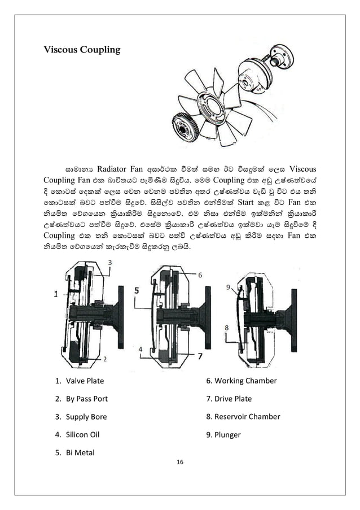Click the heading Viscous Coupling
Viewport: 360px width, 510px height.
[82, 50]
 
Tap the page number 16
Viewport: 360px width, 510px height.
[180, 463]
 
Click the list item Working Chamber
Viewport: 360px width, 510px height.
[242, 381]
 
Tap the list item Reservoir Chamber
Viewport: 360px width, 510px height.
[243, 417]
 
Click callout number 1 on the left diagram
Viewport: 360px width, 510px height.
[56, 294]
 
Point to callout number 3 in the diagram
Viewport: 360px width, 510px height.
[109, 263]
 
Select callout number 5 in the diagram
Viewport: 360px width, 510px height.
[137, 290]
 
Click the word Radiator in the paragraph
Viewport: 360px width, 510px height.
[117, 168]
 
